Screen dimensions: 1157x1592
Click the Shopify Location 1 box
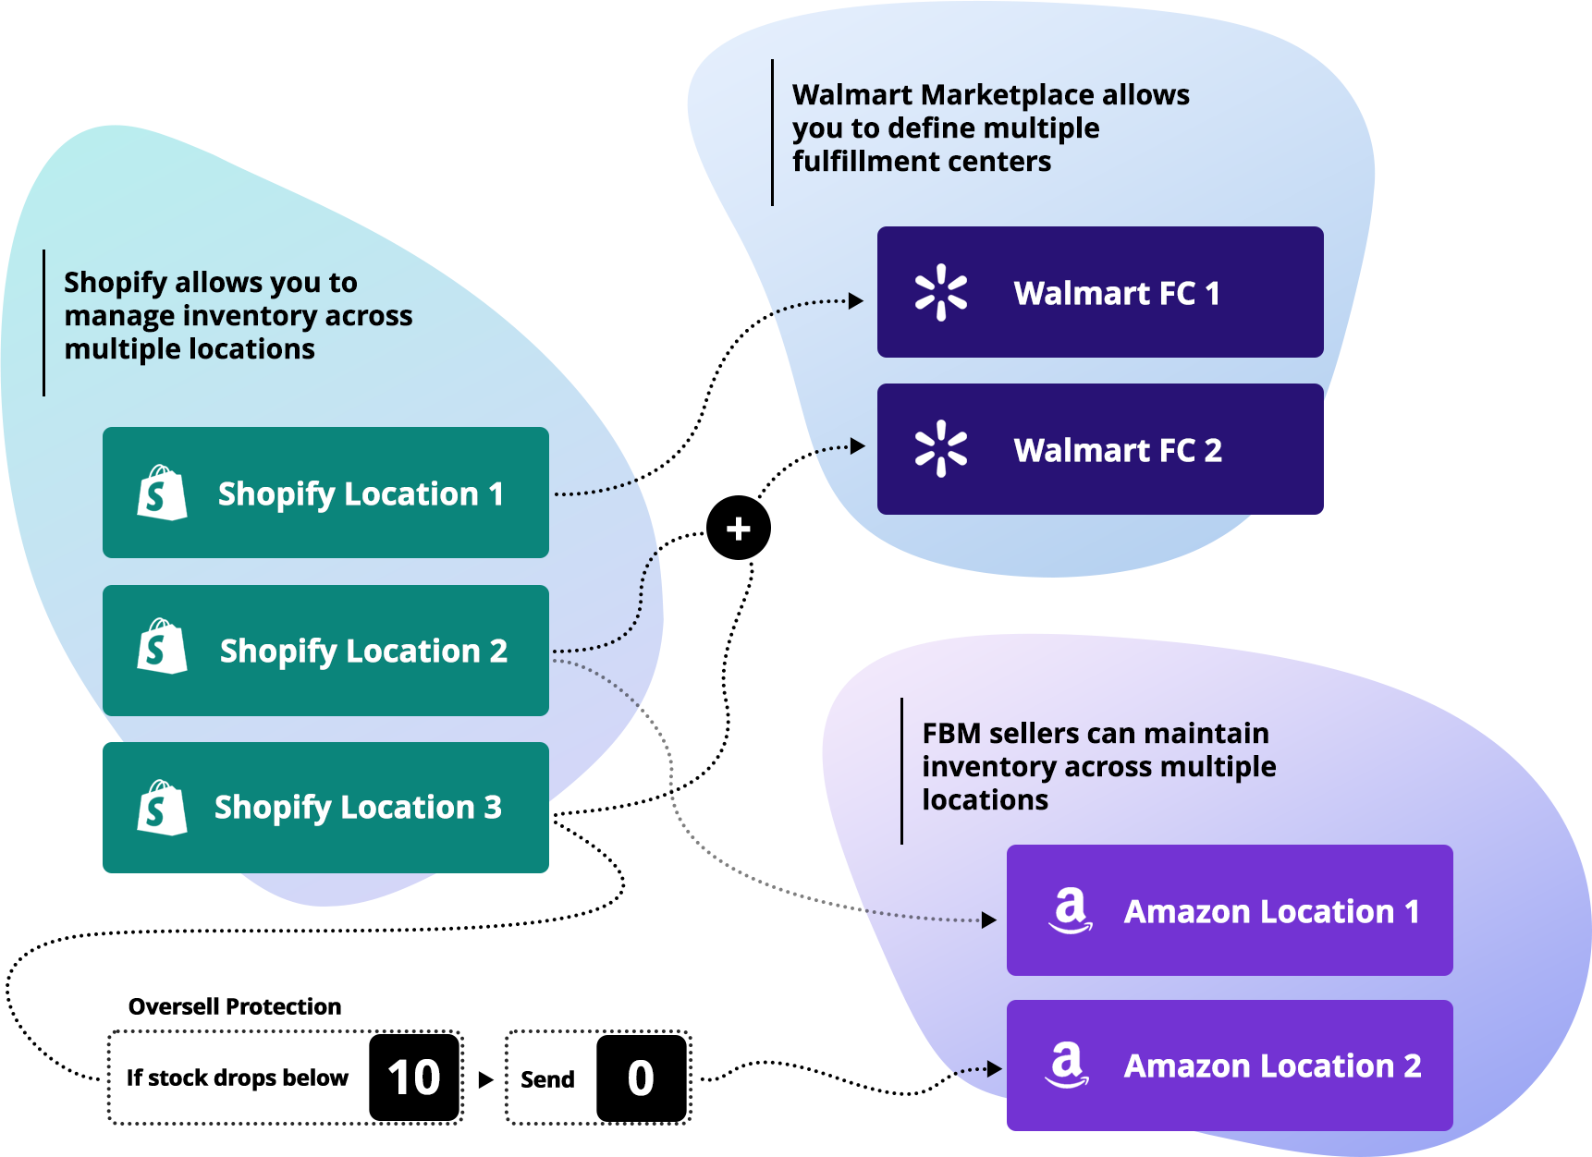tap(325, 493)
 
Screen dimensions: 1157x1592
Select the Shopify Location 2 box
tap(325, 651)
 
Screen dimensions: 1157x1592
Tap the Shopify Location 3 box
tap(325, 808)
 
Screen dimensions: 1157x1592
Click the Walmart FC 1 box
tap(1100, 292)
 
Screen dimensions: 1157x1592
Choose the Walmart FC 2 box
tap(1100, 449)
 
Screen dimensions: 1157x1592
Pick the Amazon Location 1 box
tap(1230, 910)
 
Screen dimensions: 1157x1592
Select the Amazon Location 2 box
tap(1230, 1066)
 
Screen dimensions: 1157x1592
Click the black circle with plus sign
tap(738, 529)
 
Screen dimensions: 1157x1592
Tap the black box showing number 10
tap(414, 1078)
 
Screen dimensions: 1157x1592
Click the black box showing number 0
tap(641, 1078)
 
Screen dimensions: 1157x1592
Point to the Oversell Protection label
tap(235, 1006)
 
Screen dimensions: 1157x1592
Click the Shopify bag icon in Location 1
tap(162, 493)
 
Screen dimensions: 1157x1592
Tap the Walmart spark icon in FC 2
tap(941, 449)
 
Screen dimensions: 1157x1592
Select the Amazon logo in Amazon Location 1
tap(1070, 910)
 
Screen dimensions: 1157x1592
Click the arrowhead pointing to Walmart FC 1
tap(856, 300)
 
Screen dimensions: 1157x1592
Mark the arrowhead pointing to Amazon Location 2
tap(995, 1069)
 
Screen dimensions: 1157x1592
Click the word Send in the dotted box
tap(547, 1079)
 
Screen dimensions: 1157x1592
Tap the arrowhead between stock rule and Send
tap(485, 1079)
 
